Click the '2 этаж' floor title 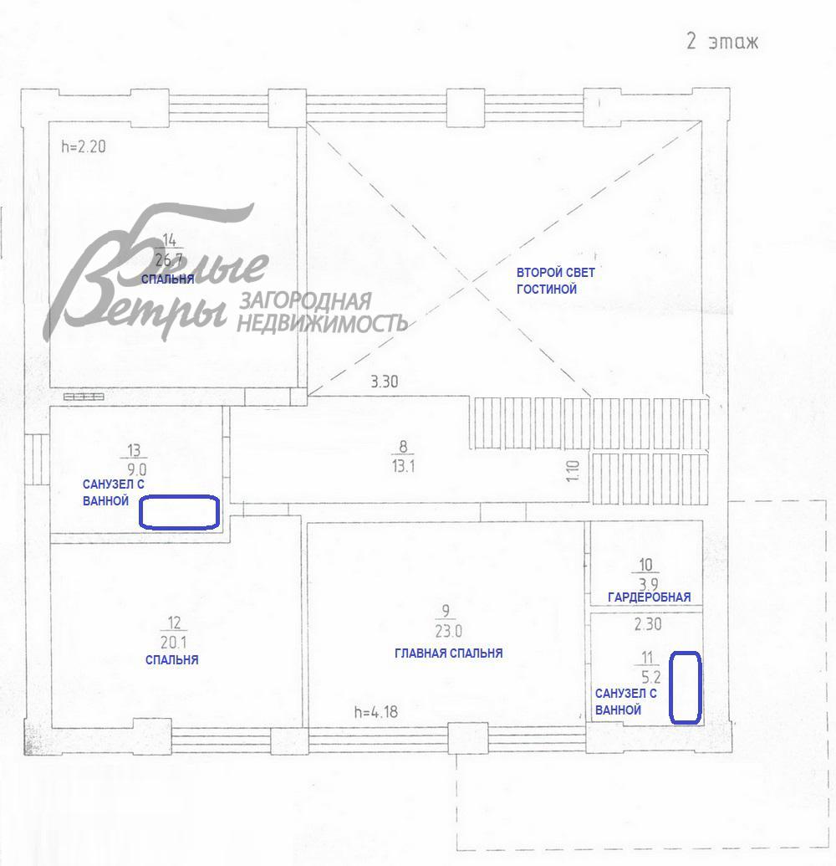pos(722,42)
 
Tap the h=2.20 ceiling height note pos(84,146)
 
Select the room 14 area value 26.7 pos(169,259)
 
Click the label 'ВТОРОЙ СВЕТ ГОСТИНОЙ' pos(555,280)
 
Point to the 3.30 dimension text pos(384,382)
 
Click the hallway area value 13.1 pos(404,466)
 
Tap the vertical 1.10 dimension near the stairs pos(573,471)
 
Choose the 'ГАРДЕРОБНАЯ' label pos(649,597)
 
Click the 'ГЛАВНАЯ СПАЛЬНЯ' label pos(449,653)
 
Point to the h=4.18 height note pos(376,712)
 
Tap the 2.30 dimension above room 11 pos(648,624)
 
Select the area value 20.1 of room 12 pos(174,643)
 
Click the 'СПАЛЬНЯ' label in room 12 pos(171,660)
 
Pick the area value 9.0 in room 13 pos(137,470)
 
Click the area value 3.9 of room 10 pos(649,584)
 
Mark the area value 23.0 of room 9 pos(449,631)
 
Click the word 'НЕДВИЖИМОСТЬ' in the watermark pos(322,323)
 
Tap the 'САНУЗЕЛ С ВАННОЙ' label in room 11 pos(626,701)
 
